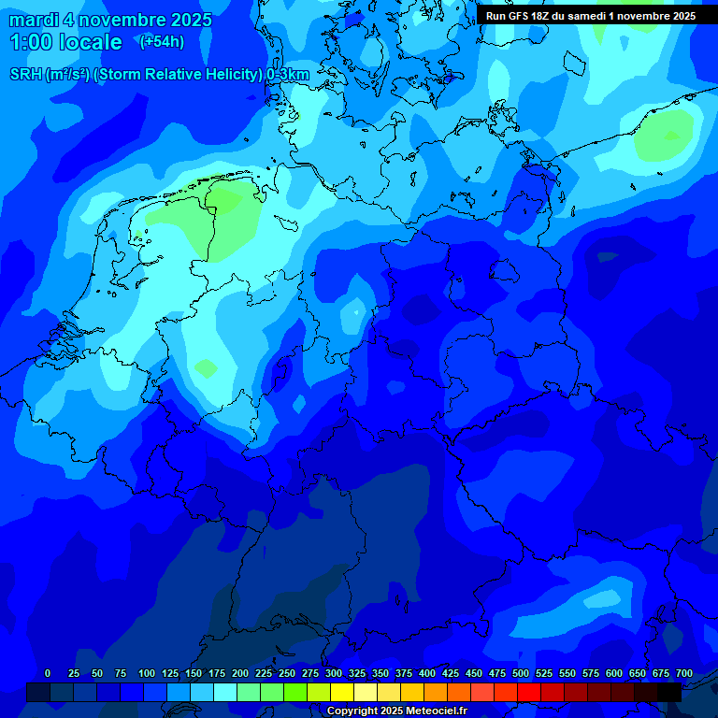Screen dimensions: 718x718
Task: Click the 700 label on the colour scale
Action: (684, 673)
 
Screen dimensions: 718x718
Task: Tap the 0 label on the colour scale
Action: (48, 673)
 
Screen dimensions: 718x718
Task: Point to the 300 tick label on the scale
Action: (334, 673)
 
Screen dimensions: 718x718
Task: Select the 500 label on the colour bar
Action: (521, 673)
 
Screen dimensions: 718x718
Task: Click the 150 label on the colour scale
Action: (194, 673)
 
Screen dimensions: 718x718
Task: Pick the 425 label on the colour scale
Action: (451, 673)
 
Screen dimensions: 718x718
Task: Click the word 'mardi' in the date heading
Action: (34, 21)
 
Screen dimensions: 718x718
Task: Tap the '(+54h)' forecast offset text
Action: (162, 41)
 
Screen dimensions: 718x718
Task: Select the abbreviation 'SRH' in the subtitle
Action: (26, 75)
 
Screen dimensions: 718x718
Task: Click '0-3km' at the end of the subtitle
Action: (288, 75)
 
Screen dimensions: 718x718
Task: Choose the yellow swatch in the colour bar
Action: (342, 692)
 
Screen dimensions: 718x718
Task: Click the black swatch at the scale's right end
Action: (669, 692)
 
